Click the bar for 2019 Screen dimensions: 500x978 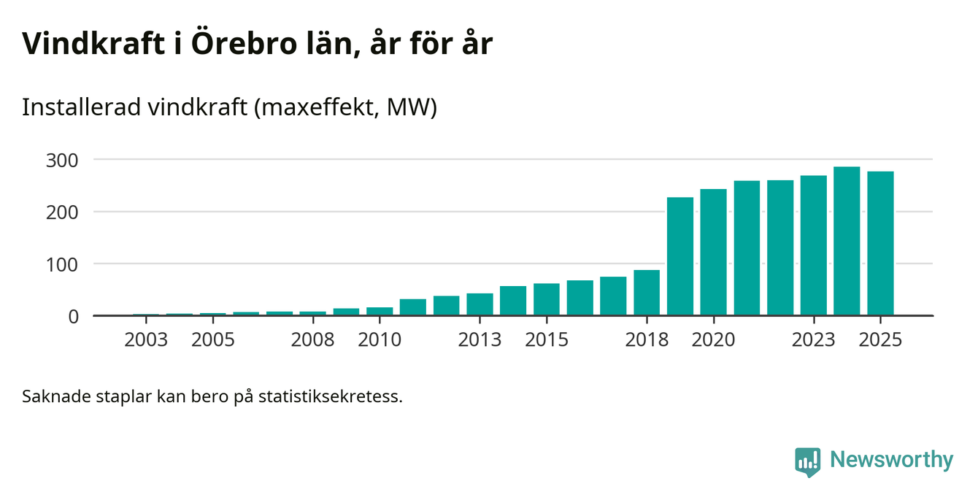[x=680, y=256]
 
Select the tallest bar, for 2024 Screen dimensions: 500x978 [x=847, y=241]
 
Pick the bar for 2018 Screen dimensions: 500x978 [x=647, y=293]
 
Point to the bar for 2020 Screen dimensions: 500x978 [x=713, y=252]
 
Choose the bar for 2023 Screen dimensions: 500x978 [x=814, y=245]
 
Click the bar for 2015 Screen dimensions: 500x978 [x=547, y=299]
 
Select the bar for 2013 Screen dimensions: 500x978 [x=480, y=304]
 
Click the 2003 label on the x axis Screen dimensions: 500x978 [x=146, y=340]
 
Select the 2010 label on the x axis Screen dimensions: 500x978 [x=380, y=340]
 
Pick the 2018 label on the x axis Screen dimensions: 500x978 [x=647, y=340]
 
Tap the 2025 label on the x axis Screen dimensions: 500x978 [x=880, y=340]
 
